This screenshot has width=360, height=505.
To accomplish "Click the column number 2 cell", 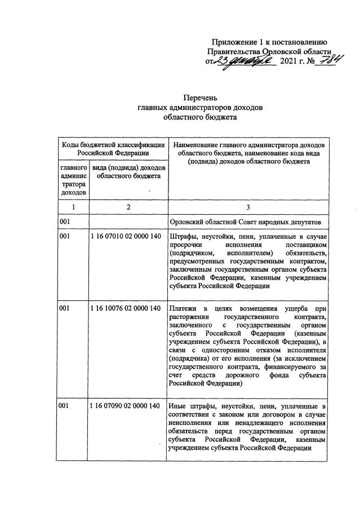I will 128,207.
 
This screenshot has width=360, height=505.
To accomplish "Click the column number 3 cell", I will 248,207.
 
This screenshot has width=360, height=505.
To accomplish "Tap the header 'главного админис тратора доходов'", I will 73,180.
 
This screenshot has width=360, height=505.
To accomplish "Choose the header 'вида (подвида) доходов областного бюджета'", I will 128,172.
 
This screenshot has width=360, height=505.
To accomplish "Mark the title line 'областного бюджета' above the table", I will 201,118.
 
